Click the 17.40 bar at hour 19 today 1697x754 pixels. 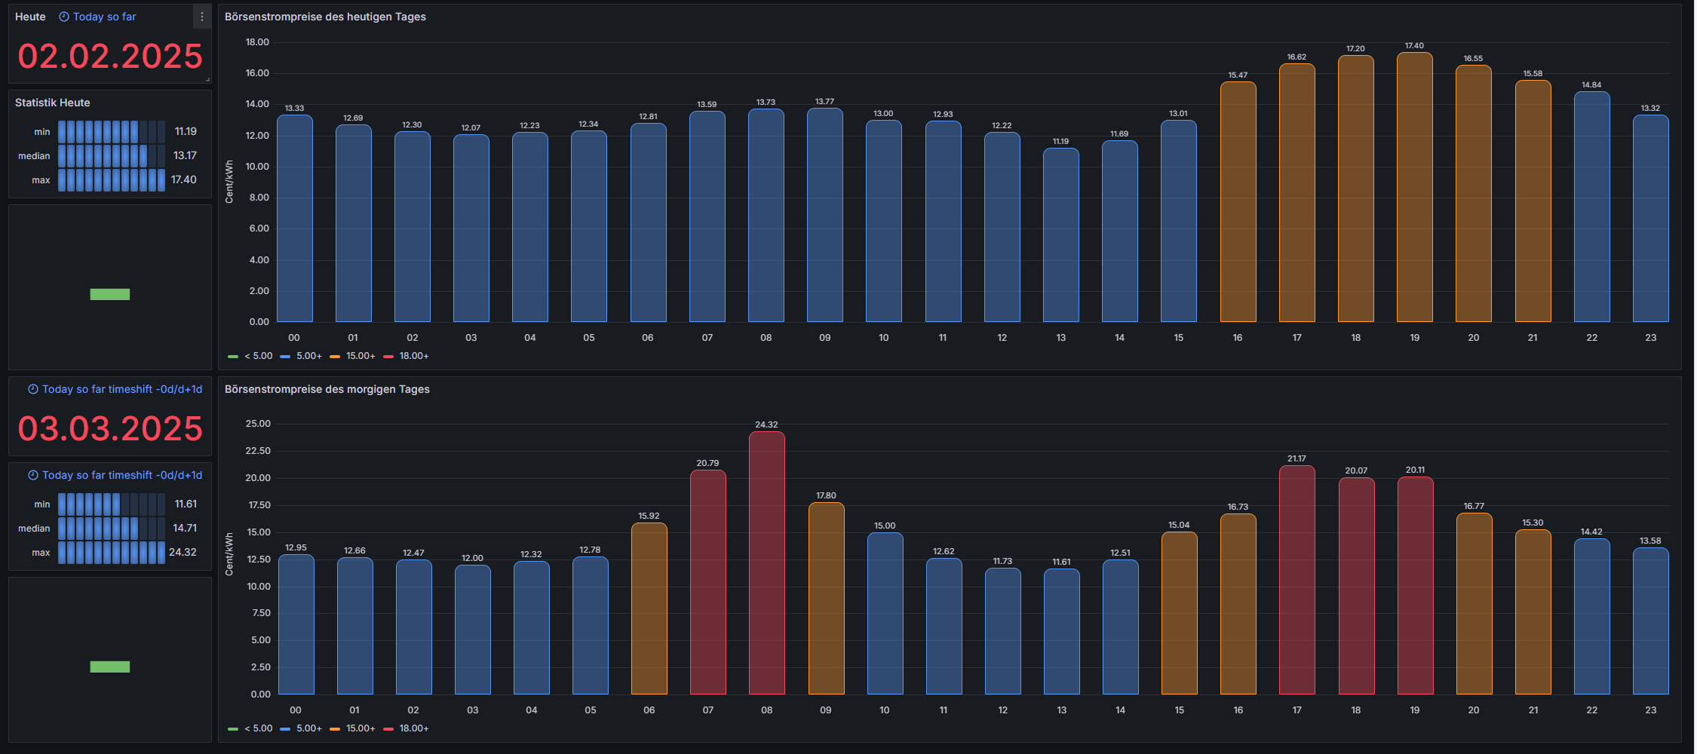[x=1414, y=188]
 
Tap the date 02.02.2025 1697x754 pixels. [x=110, y=57]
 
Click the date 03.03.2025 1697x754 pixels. [x=110, y=429]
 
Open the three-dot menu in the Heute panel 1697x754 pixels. [x=201, y=17]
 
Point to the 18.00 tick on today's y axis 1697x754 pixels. [x=257, y=42]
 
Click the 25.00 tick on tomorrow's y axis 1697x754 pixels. [x=258, y=424]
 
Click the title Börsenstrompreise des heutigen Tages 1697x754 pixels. [x=325, y=17]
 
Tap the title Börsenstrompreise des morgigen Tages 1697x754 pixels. [x=327, y=389]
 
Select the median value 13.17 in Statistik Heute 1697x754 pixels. [x=185, y=155]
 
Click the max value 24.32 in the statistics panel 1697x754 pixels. [x=183, y=552]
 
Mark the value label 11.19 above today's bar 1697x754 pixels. [x=1060, y=141]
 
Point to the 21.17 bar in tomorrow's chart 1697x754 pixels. [x=1297, y=581]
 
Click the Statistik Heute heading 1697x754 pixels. [x=53, y=103]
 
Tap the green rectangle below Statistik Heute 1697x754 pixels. [x=110, y=294]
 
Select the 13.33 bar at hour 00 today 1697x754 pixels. [x=294, y=219]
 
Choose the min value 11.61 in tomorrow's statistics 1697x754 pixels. [x=186, y=504]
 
